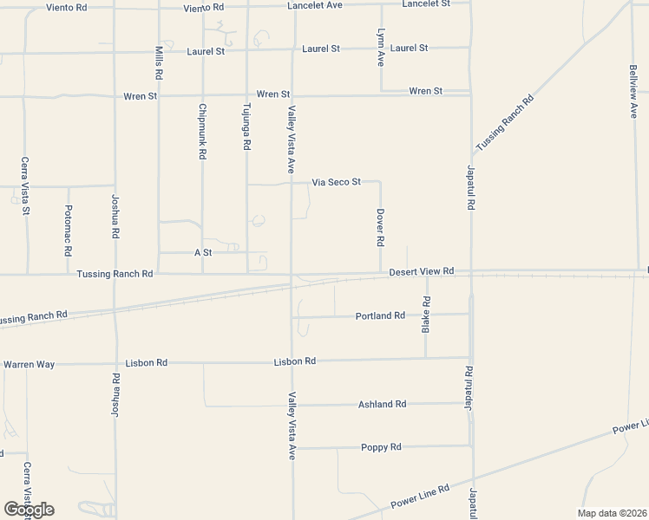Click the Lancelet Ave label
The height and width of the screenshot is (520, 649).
point(315,5)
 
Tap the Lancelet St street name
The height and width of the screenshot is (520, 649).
point(426,4)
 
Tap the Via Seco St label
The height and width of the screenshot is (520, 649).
point(336,183)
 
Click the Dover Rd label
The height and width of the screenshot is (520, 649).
point(380,226)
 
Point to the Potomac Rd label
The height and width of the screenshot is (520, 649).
point(68,231)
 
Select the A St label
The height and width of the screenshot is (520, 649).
point(203,252)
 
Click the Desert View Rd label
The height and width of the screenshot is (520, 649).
point(422,271)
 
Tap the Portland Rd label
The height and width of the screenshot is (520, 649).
point(380,316)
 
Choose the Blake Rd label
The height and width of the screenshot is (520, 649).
point(426,315)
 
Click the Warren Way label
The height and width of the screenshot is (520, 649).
point(29,365)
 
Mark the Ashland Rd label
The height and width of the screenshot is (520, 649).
point(382,405)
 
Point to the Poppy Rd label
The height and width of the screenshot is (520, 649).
point(381,447)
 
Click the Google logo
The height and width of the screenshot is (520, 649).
point(29,510)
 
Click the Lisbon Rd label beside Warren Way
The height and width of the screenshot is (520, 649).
point(146,363)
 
